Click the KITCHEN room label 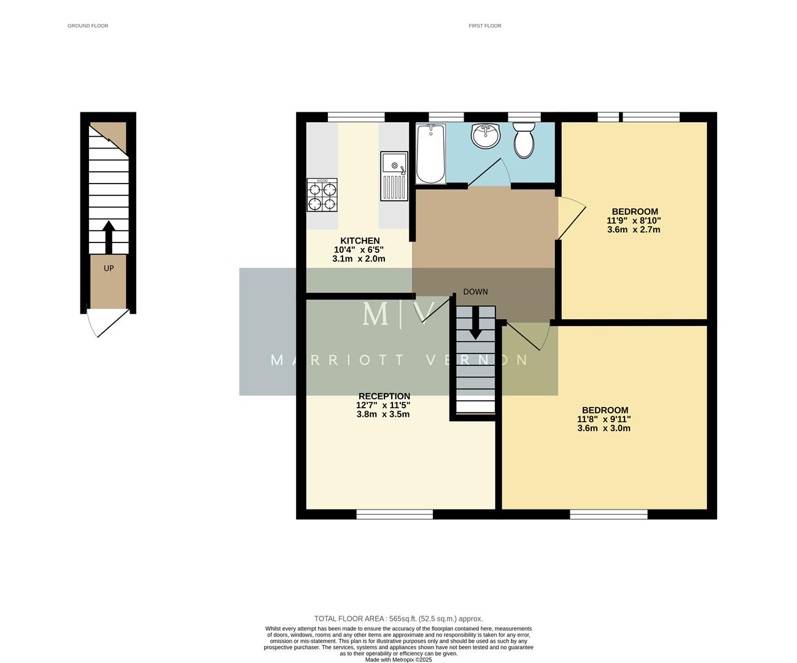tap(360, 241)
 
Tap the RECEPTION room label tap(384, 396)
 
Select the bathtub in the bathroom tap(430, 153)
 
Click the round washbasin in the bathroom tap(486, 136)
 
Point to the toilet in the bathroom tap(524, 140)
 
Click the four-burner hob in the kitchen tap(322, 195)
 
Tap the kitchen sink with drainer tap(394, 176)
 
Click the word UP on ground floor tap(109, 268)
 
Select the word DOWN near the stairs tap(475, 292)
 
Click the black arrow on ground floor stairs tap(109, 237)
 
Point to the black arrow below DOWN tap(475, 324)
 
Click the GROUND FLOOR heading tap(88, 26)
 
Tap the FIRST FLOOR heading tap(484, 26)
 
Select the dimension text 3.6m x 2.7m tap(634, 230)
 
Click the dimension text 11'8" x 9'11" tap(604, 419)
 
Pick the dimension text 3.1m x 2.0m tap(359, 259)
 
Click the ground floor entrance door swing tap(107, 322)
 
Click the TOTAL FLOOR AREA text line tap(398, 619)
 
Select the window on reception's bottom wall tap(395, 514)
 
